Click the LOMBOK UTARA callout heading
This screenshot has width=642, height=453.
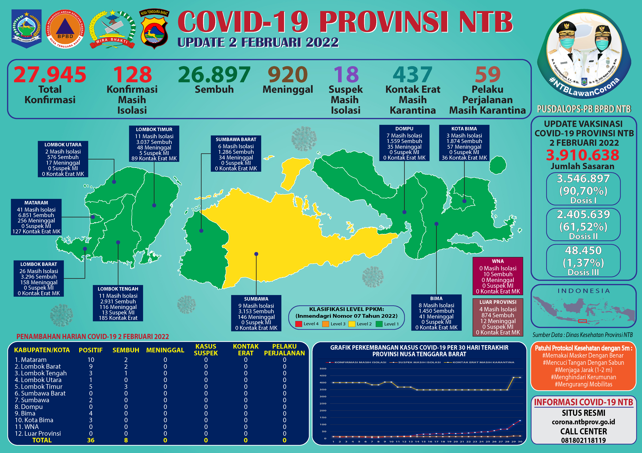[63, 145]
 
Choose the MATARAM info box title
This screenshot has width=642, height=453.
[36, 203]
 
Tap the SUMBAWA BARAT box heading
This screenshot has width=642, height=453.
[236, 139]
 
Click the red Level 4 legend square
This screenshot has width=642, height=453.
[299, 324]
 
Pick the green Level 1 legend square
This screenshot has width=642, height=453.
[379, 324]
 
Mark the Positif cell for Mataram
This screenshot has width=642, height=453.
[91, 360]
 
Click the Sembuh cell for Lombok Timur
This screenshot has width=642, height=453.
[126, 387]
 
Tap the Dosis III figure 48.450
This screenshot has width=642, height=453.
[583, 251]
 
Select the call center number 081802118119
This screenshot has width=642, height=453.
[584, 440]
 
